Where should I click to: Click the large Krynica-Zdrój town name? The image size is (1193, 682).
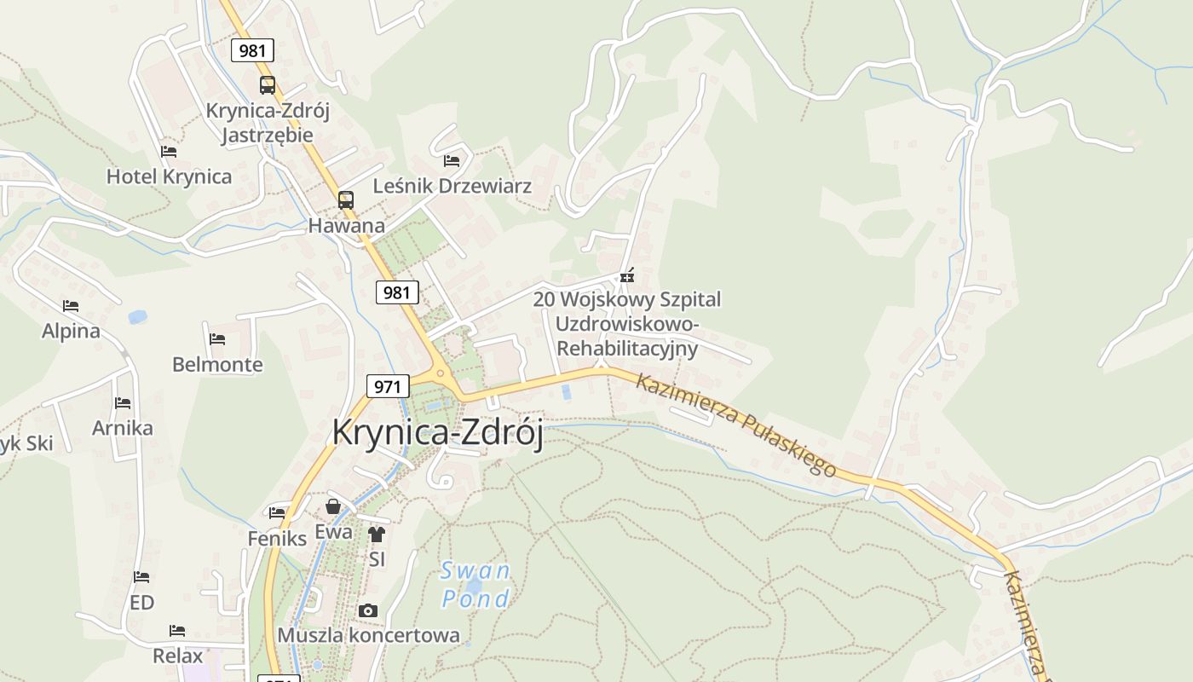437,432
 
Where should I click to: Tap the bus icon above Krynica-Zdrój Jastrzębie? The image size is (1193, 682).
268,85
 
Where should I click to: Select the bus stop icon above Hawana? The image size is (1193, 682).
345,200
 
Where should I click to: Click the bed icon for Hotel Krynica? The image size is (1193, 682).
169,152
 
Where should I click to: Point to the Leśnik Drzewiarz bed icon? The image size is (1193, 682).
452,160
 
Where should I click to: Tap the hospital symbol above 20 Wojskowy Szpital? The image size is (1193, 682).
627,276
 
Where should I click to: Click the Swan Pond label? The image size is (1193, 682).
475,584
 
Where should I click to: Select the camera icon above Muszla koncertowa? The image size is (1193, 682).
368,610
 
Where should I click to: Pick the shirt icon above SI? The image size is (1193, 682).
377,535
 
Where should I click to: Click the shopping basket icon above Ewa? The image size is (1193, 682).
333,506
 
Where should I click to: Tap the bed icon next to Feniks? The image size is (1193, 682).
277,513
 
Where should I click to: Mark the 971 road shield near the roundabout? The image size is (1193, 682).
387,386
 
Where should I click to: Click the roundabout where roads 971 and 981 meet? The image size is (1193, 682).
440,373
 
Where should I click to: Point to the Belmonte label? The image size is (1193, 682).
217,365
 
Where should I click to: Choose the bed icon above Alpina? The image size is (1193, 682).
71,306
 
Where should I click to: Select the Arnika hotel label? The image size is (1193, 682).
123,428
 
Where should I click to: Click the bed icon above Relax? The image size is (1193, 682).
177,631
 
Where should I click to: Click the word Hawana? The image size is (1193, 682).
346,226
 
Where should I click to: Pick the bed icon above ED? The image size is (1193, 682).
141,577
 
